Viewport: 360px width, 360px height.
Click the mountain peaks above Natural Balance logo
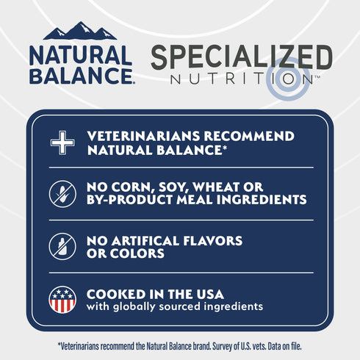pos(80,31)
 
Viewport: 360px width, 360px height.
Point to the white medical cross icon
pos(62,143)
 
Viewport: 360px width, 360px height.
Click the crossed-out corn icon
pos(62,193)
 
